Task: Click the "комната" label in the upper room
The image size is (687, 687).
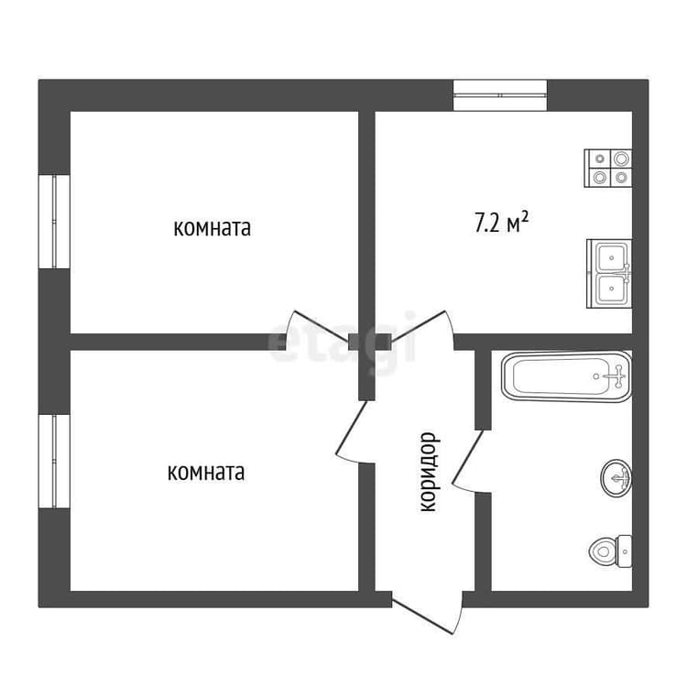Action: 213,228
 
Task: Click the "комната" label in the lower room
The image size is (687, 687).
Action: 206,473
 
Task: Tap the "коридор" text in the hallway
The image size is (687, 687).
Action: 428,473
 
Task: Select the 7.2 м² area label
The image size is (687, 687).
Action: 501,223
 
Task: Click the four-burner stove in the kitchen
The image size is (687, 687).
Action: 608,169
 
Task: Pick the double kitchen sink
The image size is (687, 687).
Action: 609,273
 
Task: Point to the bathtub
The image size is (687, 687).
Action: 566,376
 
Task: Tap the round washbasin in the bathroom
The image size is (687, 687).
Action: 616,477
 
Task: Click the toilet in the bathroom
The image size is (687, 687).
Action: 611,551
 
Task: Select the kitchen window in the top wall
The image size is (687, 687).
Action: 500,95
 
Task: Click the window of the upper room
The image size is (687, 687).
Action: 54,222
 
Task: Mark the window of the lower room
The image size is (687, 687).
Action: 54,462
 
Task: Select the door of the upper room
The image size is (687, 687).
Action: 315,325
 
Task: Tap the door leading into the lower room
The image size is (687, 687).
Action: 351,432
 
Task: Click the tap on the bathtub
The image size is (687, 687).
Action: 617,376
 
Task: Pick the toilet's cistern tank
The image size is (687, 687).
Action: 625,551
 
